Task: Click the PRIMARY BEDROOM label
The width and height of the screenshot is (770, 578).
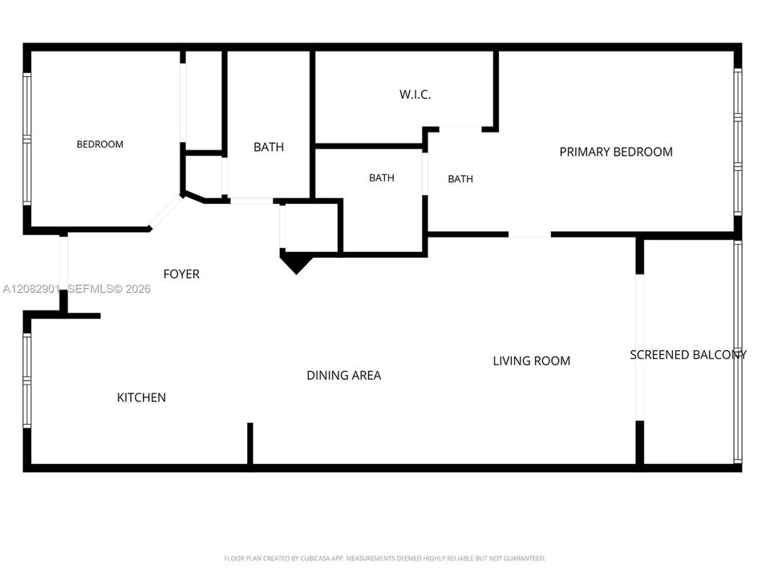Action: (616, 152)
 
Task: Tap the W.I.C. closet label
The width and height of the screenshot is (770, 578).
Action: (415, 95)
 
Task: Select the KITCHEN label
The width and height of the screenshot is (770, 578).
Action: (141, 397)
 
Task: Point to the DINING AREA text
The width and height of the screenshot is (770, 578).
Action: (344, 376)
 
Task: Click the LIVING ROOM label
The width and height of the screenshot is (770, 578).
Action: (531, 360)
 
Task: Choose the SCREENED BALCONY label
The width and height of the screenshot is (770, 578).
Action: (688, 355)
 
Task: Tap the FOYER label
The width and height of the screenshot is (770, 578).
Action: (181, 274)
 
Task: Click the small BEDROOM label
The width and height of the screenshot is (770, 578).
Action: (99, 144)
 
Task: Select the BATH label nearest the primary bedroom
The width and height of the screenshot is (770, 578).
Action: (460, 179)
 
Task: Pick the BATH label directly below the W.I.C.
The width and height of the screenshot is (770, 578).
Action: (382, 178)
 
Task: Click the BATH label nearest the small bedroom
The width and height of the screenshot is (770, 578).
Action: (269, 147)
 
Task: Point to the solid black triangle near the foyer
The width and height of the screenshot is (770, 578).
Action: (296, 262)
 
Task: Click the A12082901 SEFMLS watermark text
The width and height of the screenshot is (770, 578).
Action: (77, 288)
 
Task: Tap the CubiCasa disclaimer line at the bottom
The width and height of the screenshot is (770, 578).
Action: (384, 559)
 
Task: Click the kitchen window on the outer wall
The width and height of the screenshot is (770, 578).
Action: (27, 381)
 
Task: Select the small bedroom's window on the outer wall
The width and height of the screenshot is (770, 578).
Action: (27, 139)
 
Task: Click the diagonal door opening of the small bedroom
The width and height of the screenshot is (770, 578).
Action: (165, 212)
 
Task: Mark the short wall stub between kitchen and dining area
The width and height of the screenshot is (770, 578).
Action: (250, 443)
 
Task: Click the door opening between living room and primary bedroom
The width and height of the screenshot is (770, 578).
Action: (529, 235)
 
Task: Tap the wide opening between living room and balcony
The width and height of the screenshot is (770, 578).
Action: (639, 348)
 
